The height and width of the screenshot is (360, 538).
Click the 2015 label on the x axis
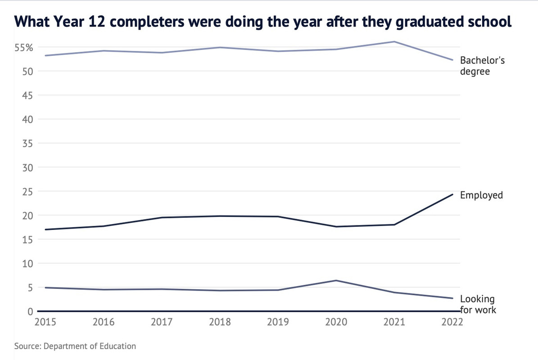coord(45,322)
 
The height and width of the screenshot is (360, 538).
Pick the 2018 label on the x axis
coord(220,322)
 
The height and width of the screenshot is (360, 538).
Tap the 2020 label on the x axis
coord(336,322)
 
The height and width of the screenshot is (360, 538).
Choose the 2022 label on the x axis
coord(452,322)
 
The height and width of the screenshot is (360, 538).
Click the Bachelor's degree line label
coord(482,66)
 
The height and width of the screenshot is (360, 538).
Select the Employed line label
coord(481,195)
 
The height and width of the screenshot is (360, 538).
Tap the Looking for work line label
coord(478,305)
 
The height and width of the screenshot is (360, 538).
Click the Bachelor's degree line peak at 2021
coord(394,42)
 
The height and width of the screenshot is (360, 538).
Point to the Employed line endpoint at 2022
coord(452,194)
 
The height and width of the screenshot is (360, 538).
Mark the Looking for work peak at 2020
coord(336,280)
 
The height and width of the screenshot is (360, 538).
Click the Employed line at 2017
coord(162,218)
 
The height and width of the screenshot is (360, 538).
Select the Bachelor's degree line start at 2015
coord(45,56)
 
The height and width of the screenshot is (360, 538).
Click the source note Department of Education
coord(75,346)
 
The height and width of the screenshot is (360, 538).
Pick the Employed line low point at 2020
coord(336,226)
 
